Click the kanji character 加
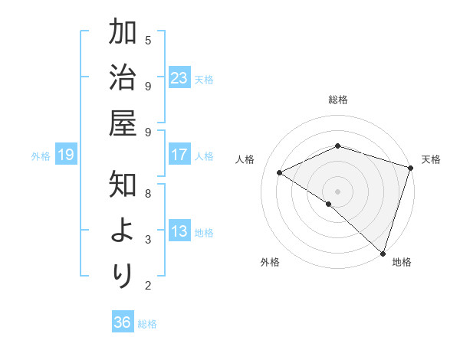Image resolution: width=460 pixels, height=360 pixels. [123, 34]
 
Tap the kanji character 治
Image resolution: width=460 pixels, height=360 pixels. [123, 80]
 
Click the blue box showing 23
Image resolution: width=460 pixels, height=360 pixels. [179, 78]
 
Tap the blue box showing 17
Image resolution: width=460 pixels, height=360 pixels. [179, 155]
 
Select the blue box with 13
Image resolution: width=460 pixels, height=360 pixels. [179, 232]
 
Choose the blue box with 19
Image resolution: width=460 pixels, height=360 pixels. [65, 155]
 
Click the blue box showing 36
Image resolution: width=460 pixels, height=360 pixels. [123, 322]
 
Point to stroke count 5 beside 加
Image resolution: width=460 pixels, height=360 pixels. [148, 39]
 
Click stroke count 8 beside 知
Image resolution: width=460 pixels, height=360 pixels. [148, 193]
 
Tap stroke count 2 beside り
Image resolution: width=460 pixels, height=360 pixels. [148, 286]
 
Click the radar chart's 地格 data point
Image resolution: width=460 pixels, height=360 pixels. [383, 252]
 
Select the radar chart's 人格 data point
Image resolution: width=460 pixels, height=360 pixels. [280, 173]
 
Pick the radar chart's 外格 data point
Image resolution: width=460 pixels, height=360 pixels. [329, 204]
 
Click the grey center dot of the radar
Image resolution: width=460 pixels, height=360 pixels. [338, 191]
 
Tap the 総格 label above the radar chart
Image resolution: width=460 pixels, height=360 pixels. [338, 100]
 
